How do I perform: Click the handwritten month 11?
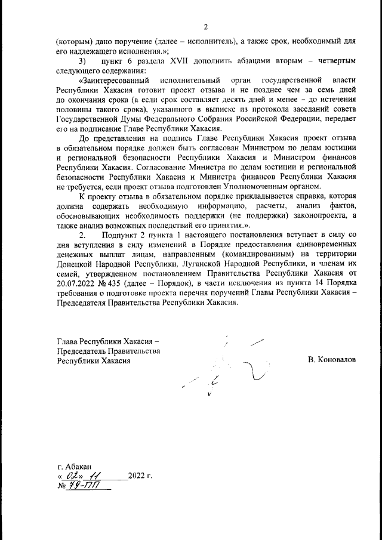[95, 477]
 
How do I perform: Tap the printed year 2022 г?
[140, 477]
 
